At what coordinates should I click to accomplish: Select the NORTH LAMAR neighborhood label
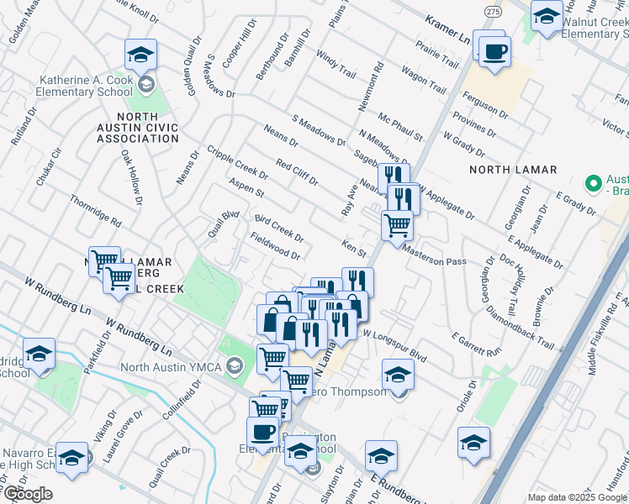[513, 170]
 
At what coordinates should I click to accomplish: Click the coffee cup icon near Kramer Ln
[495, 53]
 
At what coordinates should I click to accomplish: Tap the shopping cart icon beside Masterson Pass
[397, 224]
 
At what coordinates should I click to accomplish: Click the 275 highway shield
[493, 11]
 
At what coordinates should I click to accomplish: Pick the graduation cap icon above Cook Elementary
[140, 56]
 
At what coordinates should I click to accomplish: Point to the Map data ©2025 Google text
[577, 497]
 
